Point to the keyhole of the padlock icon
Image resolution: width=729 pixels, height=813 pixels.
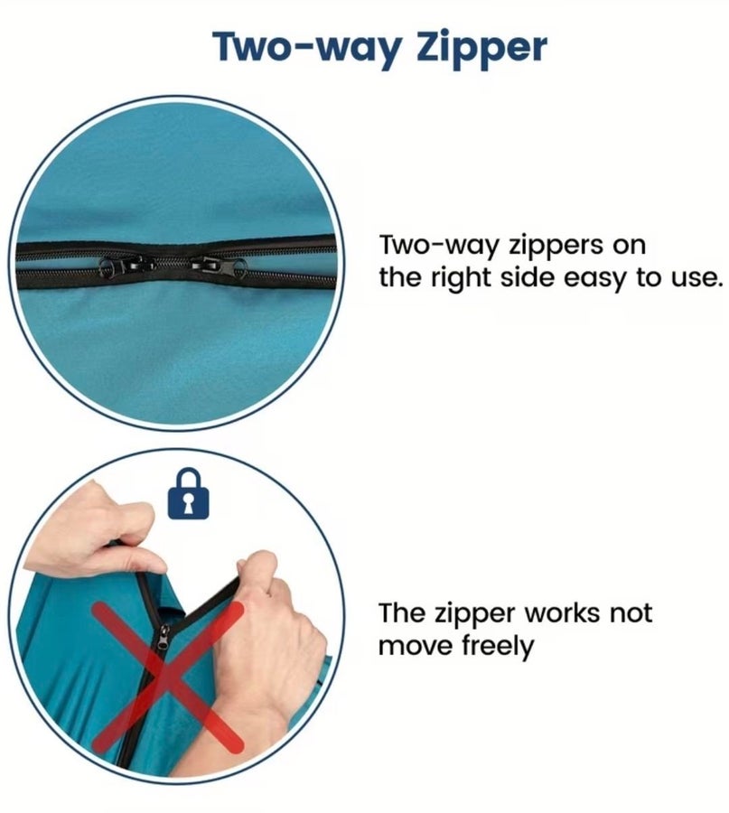tap(189, 503)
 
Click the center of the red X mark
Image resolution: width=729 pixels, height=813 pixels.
tap(167, 677)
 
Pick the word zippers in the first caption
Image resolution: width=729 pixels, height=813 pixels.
tap(556, 246)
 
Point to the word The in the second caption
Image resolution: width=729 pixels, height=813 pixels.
tap(401, 612)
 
